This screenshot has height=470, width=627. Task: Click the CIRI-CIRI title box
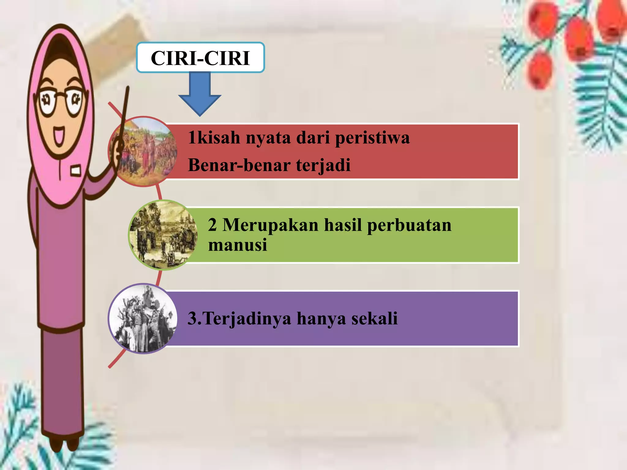tap(201, 58)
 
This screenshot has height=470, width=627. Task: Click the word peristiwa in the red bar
tap(372, 138)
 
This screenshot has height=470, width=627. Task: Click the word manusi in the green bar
tap(238, 245)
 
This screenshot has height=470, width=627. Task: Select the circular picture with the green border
tap(163, 235)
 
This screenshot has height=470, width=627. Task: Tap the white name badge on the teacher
tap(76, 170)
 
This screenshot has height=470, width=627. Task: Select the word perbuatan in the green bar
tap(409, 226)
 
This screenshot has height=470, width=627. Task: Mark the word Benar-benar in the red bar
tap(239, 165)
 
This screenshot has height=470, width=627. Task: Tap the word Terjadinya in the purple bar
tap(247, 319)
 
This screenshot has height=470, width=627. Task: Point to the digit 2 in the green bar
tap(212, 225)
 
